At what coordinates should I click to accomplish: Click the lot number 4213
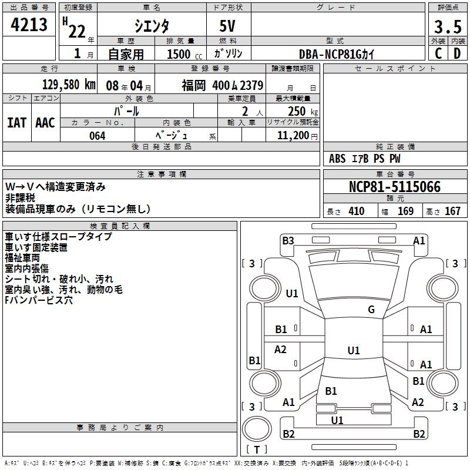29,25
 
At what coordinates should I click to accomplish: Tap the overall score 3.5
446,27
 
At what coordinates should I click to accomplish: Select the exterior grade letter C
438,53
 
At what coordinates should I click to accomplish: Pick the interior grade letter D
456,53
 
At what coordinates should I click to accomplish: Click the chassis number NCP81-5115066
394,187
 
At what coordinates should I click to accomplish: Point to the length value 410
355,211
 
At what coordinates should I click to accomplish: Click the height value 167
452,211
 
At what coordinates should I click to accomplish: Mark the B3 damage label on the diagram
288,240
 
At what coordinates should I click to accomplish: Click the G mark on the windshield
371,310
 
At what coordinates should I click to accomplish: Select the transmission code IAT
17,123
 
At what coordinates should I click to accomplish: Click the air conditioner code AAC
45,123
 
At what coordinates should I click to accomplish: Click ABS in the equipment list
337,159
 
